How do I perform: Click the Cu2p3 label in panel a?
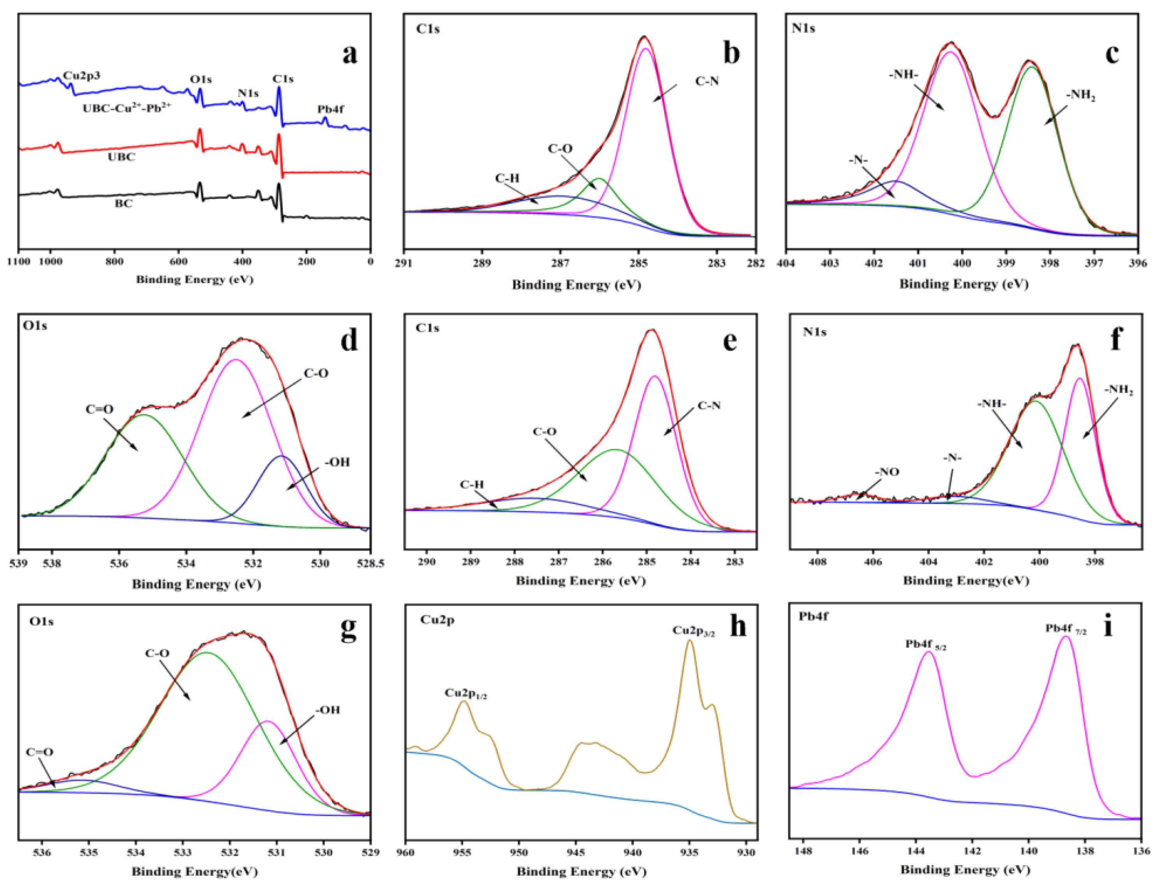point(81,76)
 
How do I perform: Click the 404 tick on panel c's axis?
point(786,262)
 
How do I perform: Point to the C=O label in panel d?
point(99,409)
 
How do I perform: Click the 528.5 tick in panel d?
point(370,563)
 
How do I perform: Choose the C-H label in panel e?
point(472,484)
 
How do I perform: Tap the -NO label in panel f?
point(887,472)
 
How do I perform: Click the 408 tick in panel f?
point(818,561)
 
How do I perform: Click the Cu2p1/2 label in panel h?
point(465,693)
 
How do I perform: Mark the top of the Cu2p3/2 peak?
point(689,641)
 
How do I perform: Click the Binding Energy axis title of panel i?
point(965,869)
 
